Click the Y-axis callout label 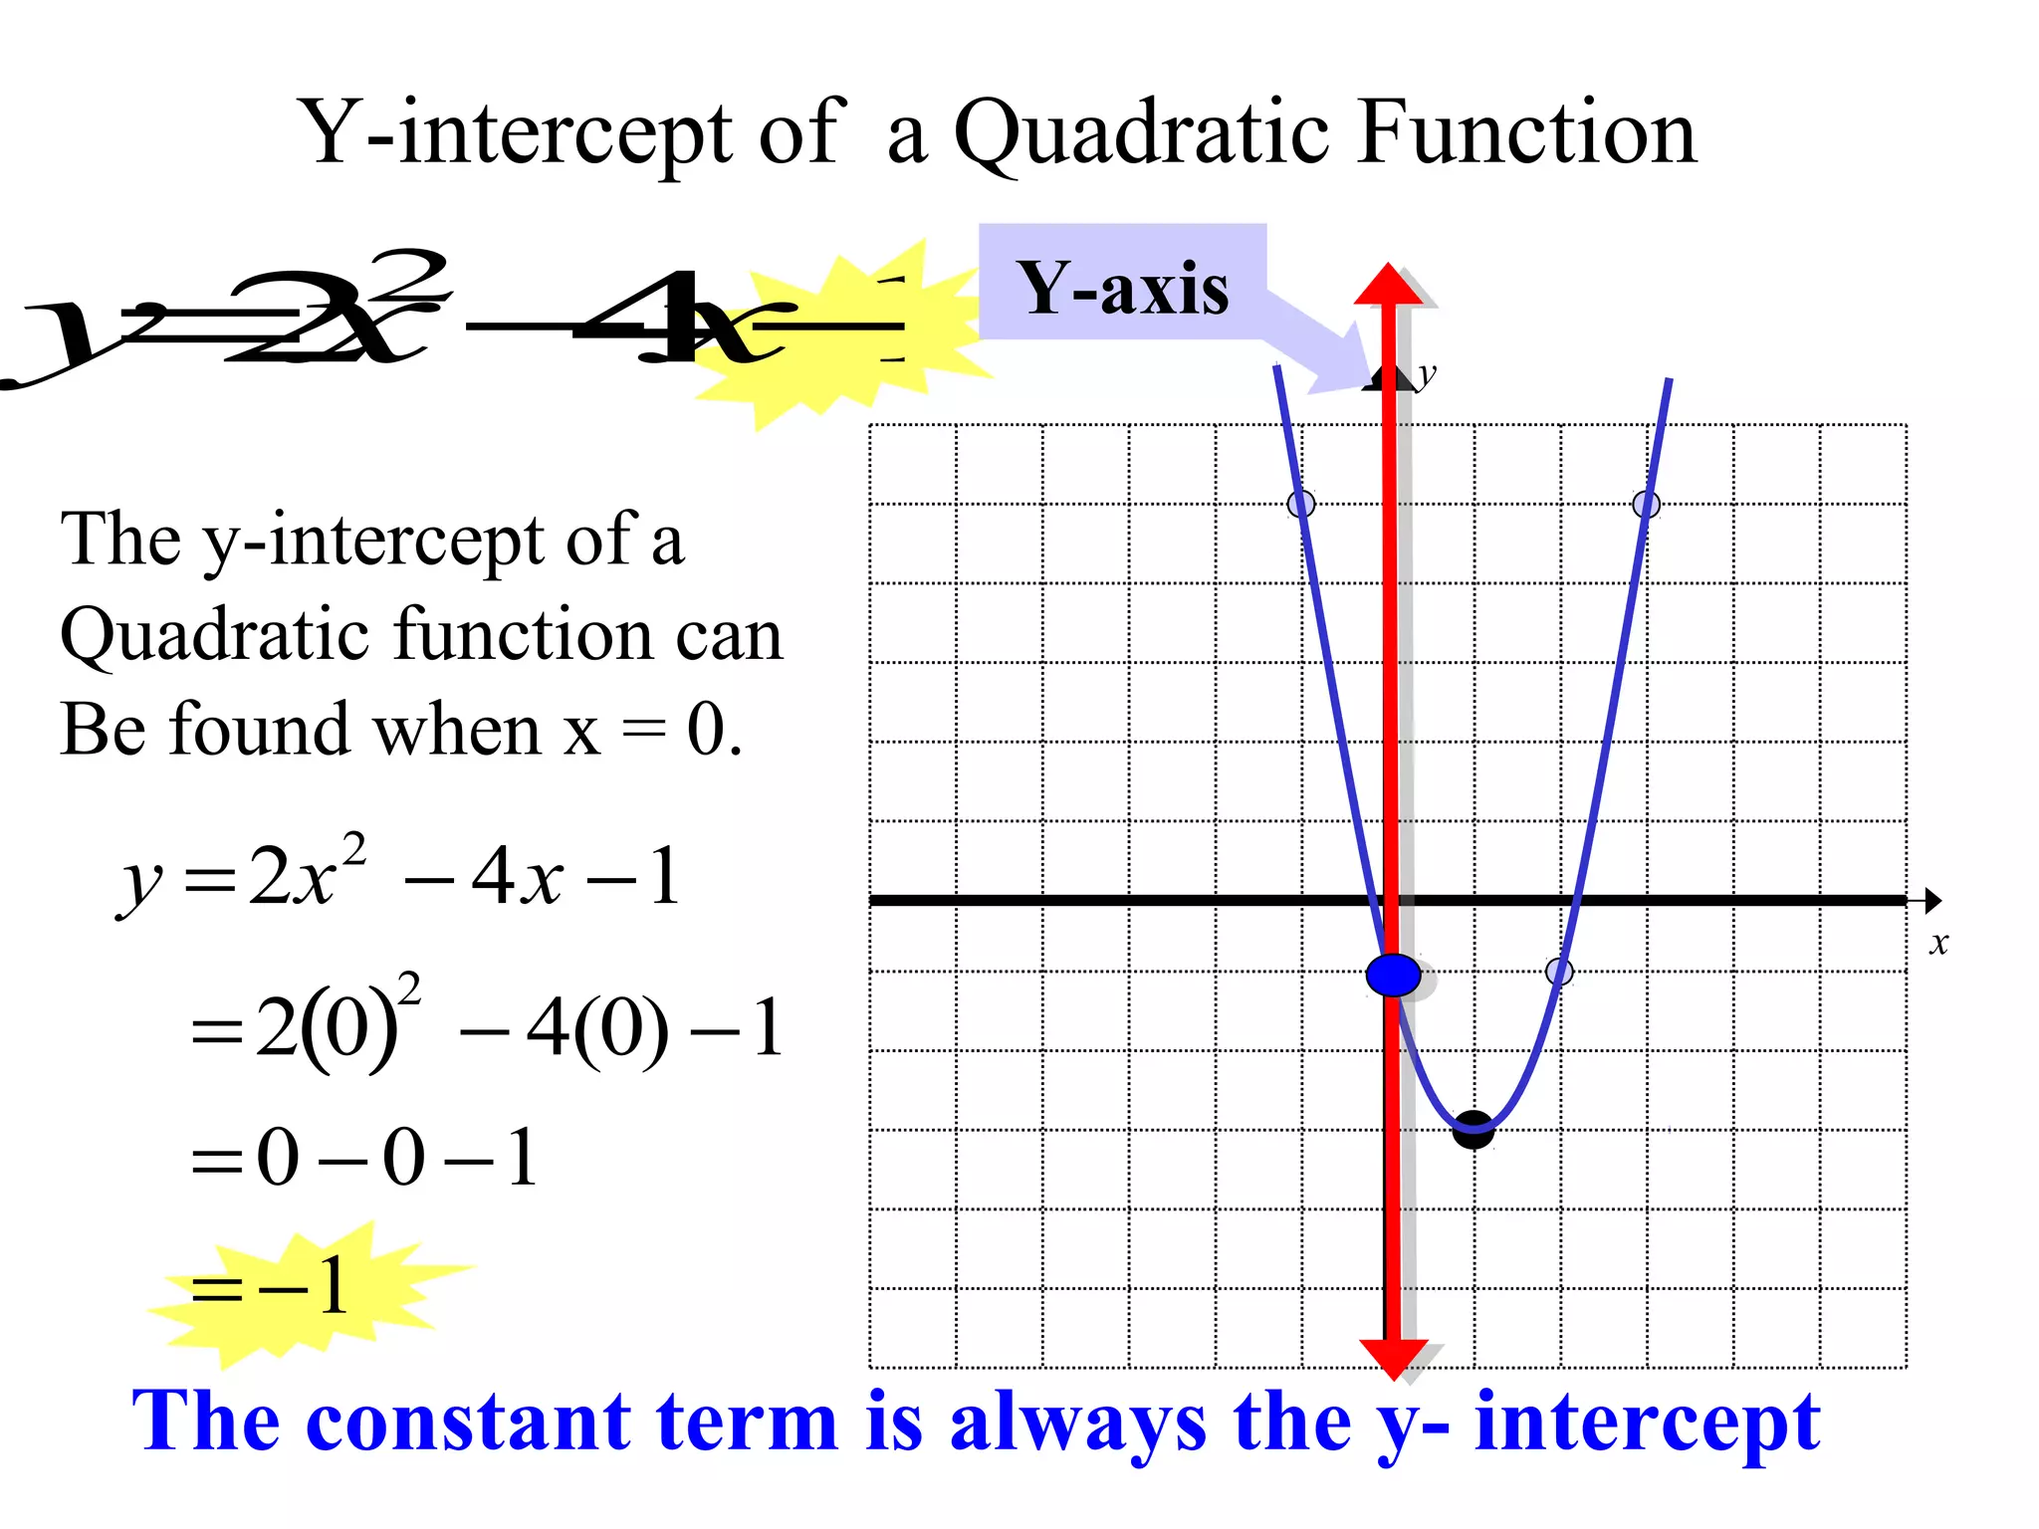coord(1122,288)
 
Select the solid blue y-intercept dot coord(1393,975)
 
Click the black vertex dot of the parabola coord(1473,1131)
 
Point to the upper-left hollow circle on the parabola coord(1300,504)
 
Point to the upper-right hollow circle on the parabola coord(1646,505)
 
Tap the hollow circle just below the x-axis coord(1559,972)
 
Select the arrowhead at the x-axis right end coord(1931,901)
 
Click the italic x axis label coord(1937,943)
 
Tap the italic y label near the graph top coord(1427,375)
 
